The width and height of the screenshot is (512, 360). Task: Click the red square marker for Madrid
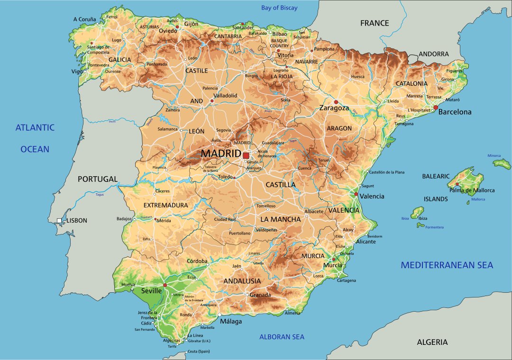point(246,155)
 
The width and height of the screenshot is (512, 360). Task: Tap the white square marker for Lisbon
point(59,220)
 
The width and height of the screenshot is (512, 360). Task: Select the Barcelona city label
point(455,112)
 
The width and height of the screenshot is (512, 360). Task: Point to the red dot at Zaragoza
point(336,102)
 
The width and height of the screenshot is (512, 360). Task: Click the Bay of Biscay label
point(279,8)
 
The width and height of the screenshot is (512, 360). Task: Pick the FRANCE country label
point(374,23)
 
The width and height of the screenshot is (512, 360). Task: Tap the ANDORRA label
point(433,54)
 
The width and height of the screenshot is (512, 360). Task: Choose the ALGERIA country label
point(432,342)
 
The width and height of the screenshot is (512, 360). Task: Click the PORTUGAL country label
point(97,179)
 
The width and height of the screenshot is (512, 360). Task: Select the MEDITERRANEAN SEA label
point(447,265)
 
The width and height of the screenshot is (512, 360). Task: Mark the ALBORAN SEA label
point(282,337)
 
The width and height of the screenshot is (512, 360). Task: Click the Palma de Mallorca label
point(472,190)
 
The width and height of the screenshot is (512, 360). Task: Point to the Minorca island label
point(494,156)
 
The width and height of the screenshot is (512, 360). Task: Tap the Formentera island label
point(434,227)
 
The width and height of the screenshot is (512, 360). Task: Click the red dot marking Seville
point(165,285)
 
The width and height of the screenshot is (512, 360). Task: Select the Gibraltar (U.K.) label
point(199,341)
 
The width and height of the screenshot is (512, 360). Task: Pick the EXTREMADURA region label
point(165,206)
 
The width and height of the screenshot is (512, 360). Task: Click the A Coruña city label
point(84,19)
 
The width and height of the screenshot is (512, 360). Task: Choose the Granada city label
point(260,295)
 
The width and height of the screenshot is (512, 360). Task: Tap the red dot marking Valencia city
point(356,194)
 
